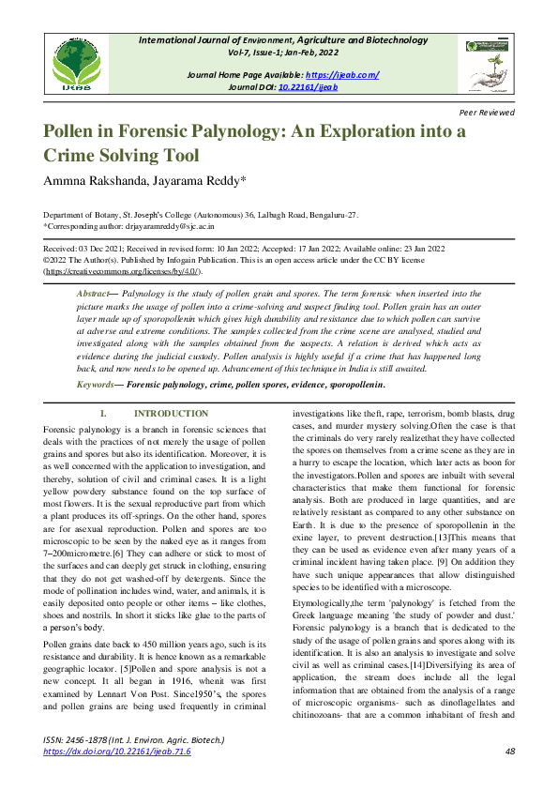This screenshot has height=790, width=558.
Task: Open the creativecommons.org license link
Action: pos(122,270)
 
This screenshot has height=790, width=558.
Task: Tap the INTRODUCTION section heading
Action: pos(171,414)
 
